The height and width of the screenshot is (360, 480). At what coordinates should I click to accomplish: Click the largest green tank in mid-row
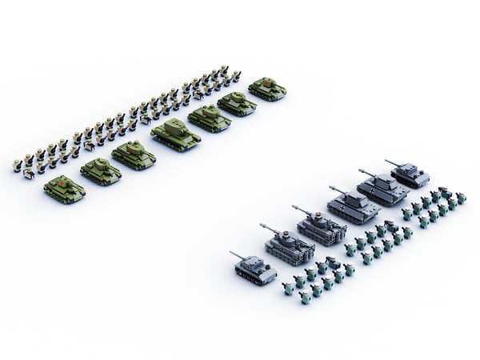tap(176, 134)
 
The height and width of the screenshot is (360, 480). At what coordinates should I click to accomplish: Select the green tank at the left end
tap(65, 189)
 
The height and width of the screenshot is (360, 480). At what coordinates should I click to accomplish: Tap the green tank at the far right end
tap(267, 88)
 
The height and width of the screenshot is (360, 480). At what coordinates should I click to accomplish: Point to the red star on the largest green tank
tap(171, 127)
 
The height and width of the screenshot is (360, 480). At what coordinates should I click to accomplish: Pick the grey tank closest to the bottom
tap(256, 269)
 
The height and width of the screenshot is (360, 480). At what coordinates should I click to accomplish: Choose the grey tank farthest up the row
tap(410, 174)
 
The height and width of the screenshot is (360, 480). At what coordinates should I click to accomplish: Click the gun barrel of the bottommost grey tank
tap(238, 256)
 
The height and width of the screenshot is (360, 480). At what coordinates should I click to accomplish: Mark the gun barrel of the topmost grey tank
tap(391, 162)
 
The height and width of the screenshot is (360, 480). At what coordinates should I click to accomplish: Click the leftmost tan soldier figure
tap(18, 166)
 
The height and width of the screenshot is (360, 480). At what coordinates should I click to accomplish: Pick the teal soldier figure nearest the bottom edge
tap(305, 298)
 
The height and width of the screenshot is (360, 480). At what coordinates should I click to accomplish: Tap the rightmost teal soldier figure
tap(461, 198)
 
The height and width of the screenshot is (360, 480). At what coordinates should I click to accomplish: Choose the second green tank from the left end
tap(101, 171)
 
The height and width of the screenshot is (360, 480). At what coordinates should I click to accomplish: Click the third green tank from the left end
tap(134, 154)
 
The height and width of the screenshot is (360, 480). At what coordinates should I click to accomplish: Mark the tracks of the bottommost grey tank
tap(254, 278)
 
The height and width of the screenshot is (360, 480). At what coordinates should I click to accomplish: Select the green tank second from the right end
tap(236, 103)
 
